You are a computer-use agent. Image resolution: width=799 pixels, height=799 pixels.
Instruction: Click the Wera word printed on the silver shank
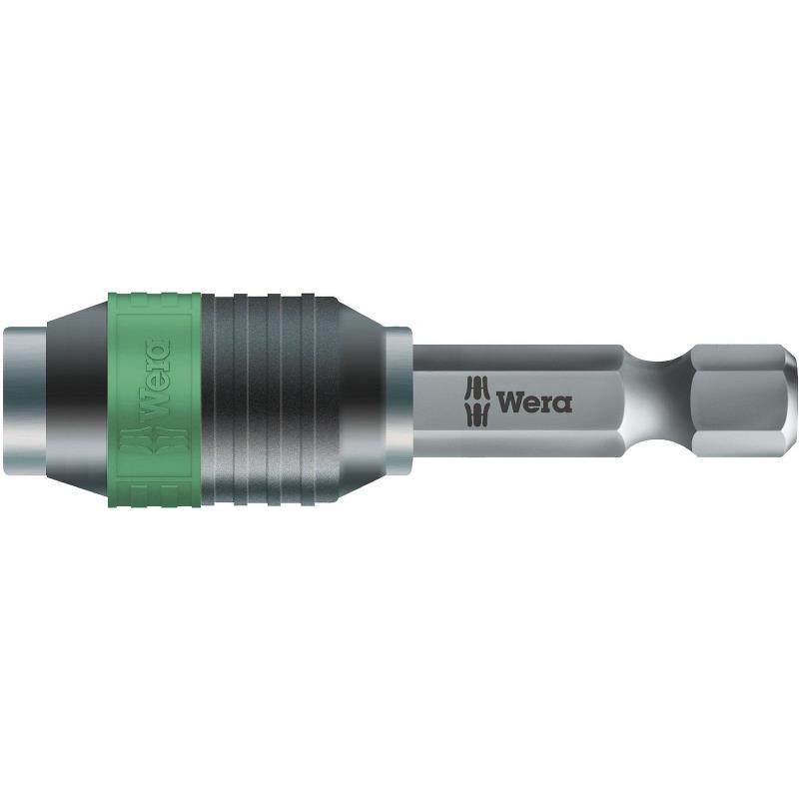point(534,401)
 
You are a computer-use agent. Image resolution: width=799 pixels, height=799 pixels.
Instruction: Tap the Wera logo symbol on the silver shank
point(477,400)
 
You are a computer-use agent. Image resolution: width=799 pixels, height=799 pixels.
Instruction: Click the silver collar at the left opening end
point(26,401)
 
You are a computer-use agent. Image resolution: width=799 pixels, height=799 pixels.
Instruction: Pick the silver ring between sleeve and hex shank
point(399,400)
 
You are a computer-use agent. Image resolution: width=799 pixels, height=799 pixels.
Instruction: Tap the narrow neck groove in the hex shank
point(659,400)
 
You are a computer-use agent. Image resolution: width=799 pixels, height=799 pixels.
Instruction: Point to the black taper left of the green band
point(78,400)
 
